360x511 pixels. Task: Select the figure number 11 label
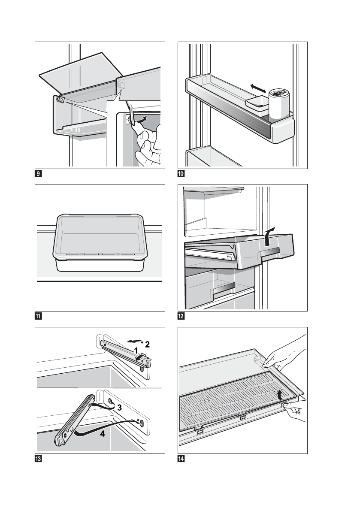[x=39, y=317]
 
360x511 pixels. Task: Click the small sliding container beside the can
[x=257, y=103]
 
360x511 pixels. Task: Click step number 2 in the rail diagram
[x=147, y=344]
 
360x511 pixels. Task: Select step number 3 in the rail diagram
[x=121, y=408]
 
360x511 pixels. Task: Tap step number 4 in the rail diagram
[x=102, y=433]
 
